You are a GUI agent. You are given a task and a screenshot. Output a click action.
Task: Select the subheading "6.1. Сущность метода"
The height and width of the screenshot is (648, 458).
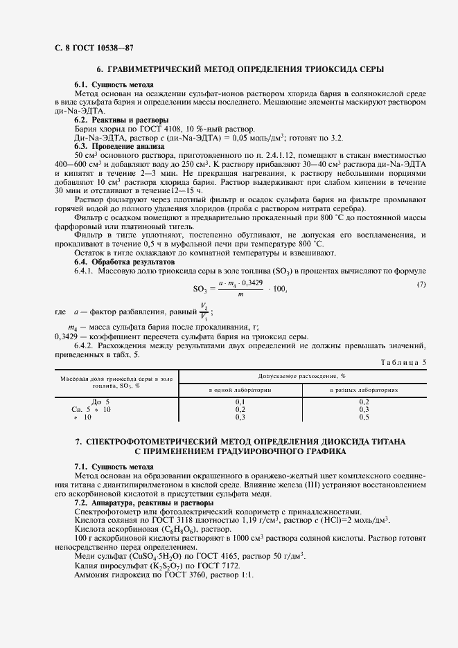109,84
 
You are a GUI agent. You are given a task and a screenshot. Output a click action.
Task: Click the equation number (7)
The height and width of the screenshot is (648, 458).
421,285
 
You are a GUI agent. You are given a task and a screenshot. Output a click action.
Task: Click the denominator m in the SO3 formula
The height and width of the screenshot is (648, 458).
240,295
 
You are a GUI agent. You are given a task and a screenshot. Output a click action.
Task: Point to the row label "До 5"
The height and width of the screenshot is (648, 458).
82,402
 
